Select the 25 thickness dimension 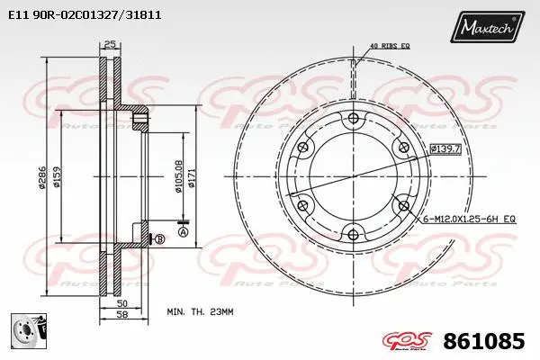point(111,45)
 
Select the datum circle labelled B point(158,238)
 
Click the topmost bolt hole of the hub point(352,120)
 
